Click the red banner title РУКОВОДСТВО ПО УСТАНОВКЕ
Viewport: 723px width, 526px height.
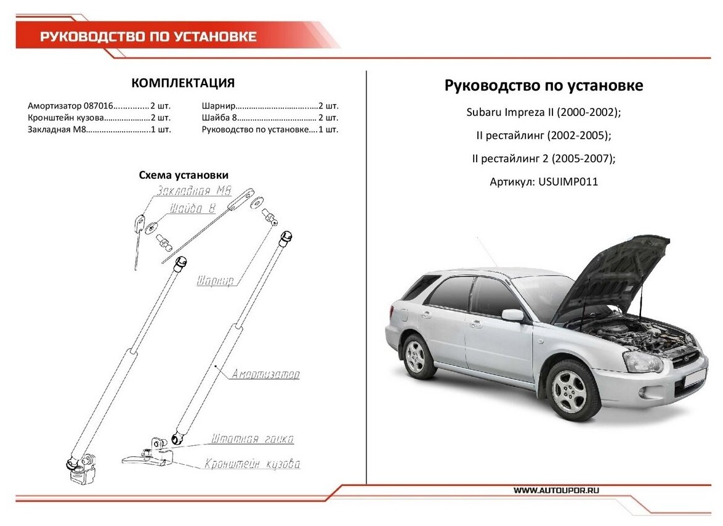coord(148,36)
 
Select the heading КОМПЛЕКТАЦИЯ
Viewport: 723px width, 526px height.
coord(184,83)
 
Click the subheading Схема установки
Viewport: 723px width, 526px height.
coord(184,175)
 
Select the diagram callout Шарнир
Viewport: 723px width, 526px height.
coord(216,281)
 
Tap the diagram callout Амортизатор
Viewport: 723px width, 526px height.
coord(265,374)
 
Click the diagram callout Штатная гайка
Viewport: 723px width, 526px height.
coord(252,440)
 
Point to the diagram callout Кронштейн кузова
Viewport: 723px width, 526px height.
coord(252,464)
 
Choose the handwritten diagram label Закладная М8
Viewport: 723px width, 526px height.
coord(193,191)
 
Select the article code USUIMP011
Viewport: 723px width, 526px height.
coord(567,182)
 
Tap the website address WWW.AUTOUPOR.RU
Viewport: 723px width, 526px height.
coord(556,490)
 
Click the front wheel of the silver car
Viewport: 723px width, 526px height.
coord(571,389)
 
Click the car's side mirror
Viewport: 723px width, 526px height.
coord(512,315)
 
